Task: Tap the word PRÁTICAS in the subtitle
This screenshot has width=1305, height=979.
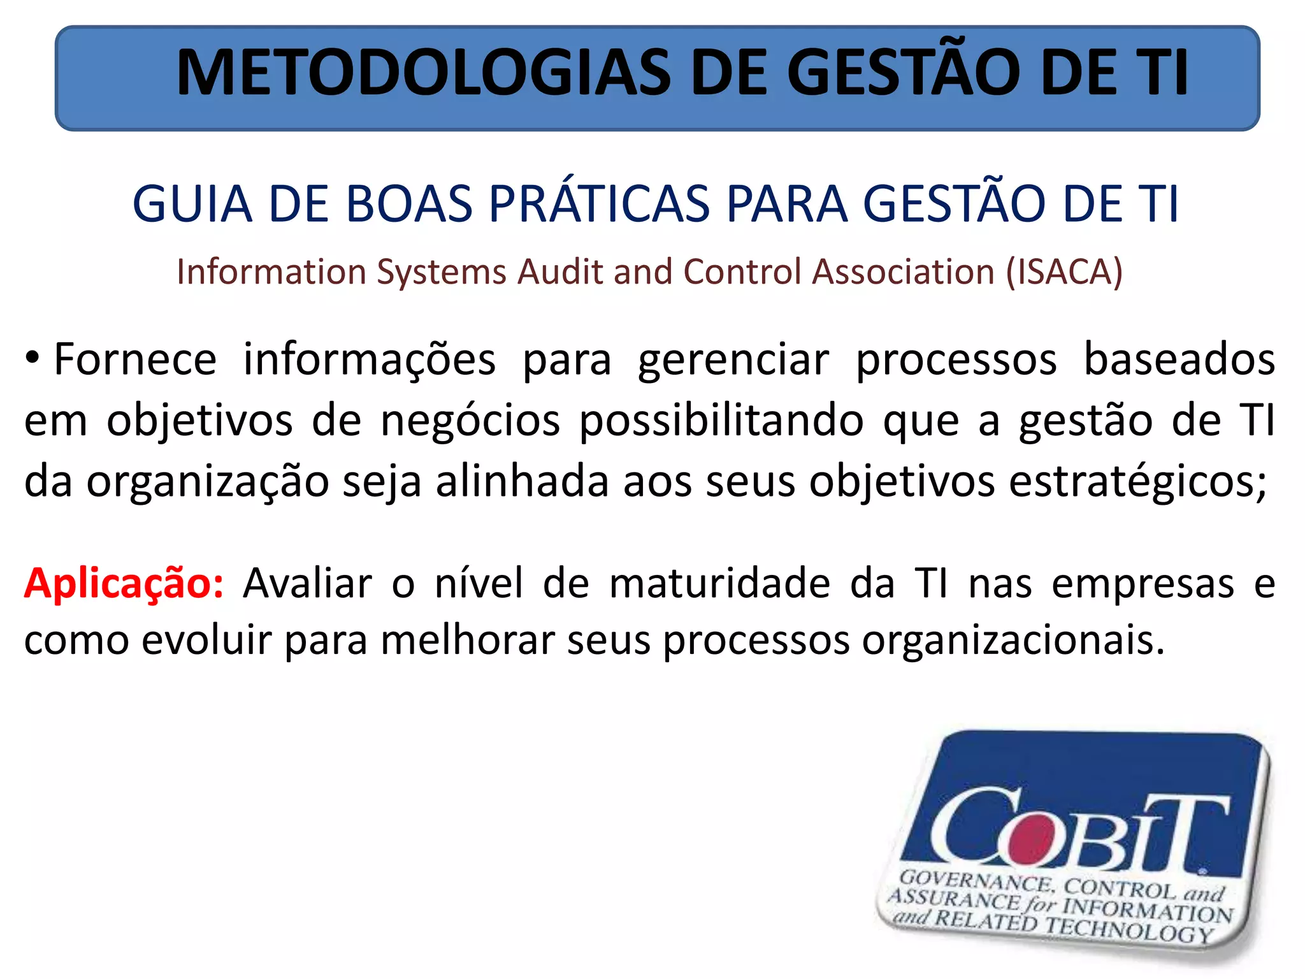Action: [599, 204]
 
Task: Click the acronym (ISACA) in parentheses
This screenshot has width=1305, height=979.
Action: [1064, 272]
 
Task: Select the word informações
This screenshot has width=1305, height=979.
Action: [370, 360]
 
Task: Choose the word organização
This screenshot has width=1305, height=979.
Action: [208, 482]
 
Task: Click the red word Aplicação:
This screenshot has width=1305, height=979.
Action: [124, 584]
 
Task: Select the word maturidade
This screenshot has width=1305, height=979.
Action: [720, 583]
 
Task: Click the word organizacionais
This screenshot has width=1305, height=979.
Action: [1013, 640]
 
